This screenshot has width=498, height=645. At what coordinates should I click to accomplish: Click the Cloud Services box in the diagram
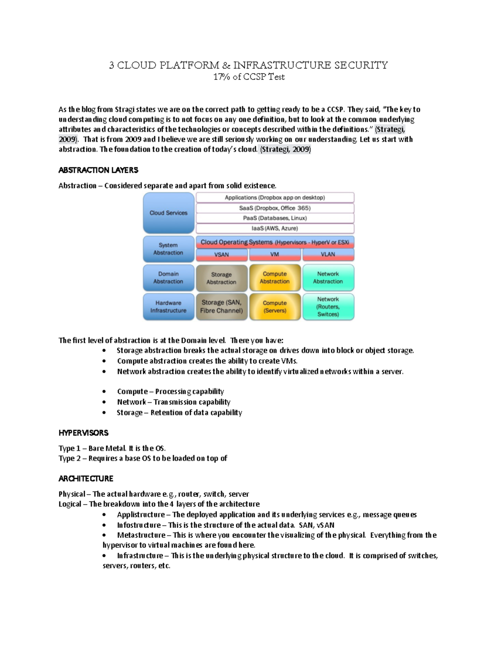point(168,213)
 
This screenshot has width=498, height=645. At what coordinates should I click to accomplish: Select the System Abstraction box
point(168,249)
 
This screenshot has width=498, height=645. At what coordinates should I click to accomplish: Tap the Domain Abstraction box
point(168,277)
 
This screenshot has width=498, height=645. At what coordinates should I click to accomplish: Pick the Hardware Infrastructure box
point(168,307)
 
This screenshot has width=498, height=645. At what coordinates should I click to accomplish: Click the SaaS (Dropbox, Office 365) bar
point(275,208)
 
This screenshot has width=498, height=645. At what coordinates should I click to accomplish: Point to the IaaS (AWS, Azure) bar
point(275,228)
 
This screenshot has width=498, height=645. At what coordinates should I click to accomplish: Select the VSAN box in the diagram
point(222,254)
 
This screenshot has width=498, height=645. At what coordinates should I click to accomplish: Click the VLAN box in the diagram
point(328,254)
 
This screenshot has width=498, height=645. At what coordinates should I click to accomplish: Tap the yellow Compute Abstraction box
point(275,277)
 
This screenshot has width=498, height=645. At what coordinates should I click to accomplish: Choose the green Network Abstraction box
point(328,277)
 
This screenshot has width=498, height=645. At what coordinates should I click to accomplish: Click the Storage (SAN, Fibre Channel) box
point(222,307)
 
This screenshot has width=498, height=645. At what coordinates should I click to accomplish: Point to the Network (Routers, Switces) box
point(328,307)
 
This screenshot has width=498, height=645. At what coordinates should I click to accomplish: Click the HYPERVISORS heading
point(83,433)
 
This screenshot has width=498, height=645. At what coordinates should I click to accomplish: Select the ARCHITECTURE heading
point(86,478)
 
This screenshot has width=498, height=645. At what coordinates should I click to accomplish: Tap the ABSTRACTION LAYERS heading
point(98,170)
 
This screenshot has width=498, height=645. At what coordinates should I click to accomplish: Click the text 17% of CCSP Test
point(249,77)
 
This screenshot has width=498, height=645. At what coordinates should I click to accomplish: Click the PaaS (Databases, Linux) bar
point(275,218)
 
